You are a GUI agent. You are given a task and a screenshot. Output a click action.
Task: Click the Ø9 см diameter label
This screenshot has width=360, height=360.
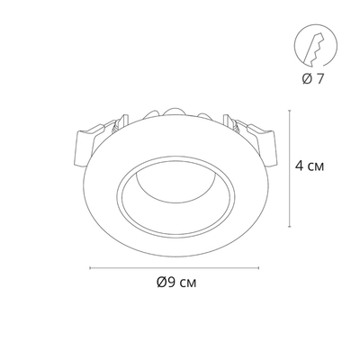pos(176,282)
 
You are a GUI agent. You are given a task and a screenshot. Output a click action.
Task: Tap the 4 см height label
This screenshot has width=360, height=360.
pos(310,166)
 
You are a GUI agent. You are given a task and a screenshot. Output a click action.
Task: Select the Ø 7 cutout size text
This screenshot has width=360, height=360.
pos(313,78)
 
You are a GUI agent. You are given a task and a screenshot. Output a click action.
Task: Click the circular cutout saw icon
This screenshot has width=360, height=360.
pos(316,46)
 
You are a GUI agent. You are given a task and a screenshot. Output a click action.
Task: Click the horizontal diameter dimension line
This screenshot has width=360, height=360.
pos(175,268)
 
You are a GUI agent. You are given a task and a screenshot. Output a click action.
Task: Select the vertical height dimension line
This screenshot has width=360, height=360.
pos(290,168)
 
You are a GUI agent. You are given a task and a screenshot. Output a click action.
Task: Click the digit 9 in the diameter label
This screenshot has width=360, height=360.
pos(172,282)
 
